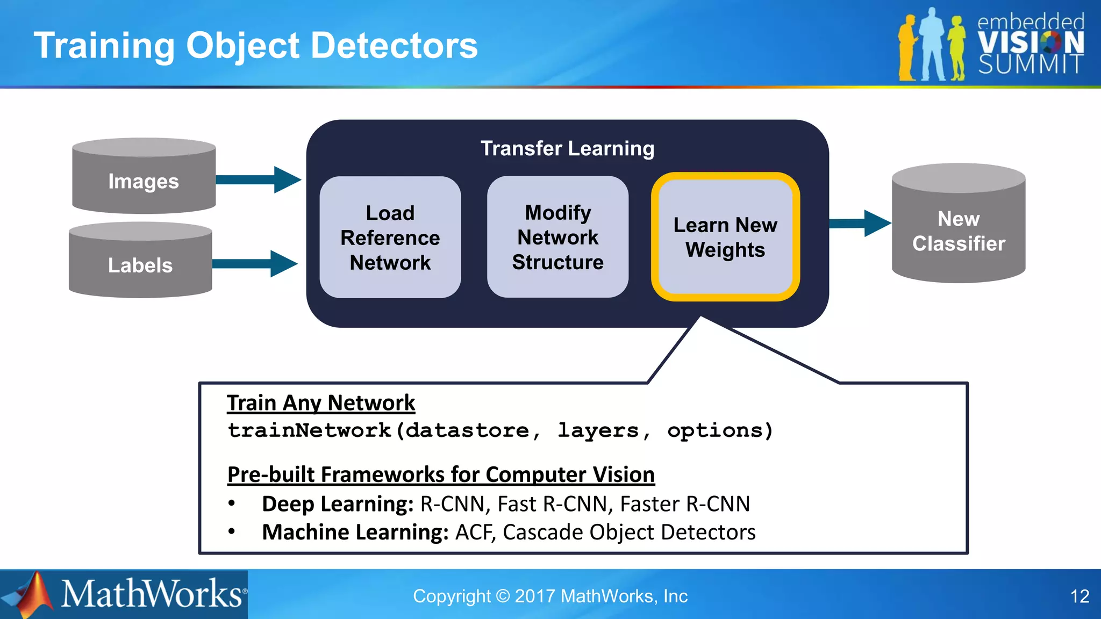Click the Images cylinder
(144, 177)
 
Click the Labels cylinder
(140, 262)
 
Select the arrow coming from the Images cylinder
(258, 179)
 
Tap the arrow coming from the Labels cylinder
(255, 263)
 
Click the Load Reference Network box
(390, 237)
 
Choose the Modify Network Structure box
(557, 237)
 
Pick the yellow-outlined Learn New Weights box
(725, 237)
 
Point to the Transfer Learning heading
(567, 148)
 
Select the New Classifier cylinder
(959, 228)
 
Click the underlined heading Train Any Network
(321, 403)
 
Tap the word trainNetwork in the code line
(310, 430)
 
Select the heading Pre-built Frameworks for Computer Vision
(441, 474)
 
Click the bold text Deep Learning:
(338, 504)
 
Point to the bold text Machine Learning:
(355, 532)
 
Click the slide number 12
(1079, 596)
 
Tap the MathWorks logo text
(152, 594)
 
